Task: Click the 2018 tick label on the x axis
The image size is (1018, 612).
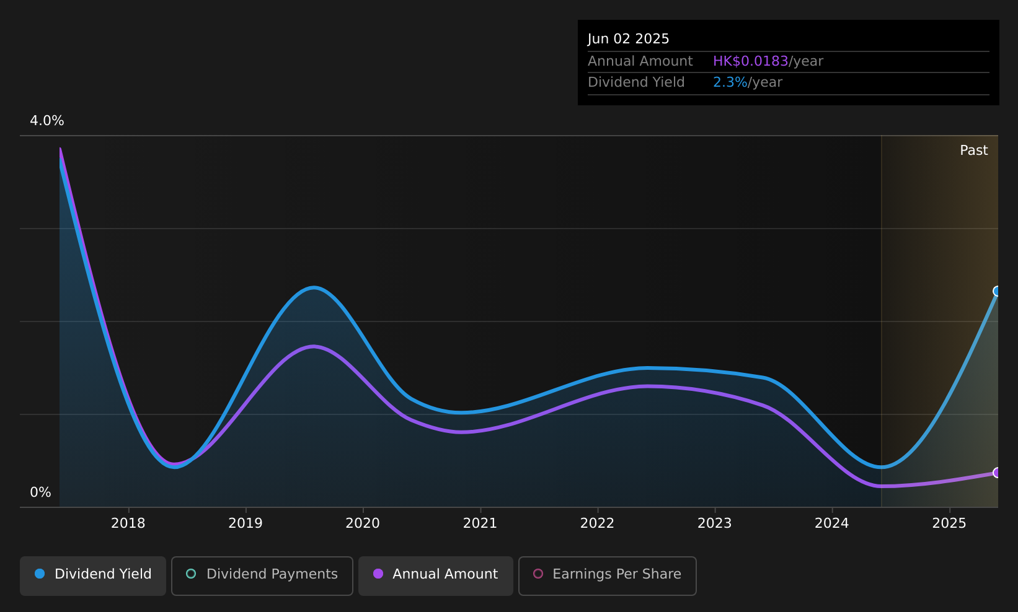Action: point(128,523)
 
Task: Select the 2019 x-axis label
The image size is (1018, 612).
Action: point(246,523)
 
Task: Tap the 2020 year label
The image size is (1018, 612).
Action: point(363,523)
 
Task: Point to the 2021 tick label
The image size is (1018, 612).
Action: point(480,523)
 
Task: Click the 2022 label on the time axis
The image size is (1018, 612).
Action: point(597,523)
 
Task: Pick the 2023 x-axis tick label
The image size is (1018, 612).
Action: point(714,523)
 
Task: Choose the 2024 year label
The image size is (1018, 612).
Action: point(831,523)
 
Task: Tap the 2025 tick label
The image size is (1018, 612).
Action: point(949,523)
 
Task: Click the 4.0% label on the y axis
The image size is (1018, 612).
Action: point(47,121)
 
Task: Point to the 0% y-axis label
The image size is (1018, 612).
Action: point(40,492)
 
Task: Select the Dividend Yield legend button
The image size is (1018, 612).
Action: point(93,575)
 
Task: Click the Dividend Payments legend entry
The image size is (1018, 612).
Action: point(262,575)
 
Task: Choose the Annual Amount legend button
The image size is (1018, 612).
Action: point(436,575)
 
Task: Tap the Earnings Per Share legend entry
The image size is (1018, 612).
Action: point(608,575)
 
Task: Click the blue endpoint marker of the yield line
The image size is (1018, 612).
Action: point(997,291)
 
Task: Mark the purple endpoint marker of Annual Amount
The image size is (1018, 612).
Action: point(997,473)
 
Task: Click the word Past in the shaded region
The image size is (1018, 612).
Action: point(973,151)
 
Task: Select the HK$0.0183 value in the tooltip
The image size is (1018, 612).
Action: point(750,61)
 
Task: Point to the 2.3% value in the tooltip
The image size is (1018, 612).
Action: point(730,82)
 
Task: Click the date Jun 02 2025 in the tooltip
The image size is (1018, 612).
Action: point(628,39)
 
